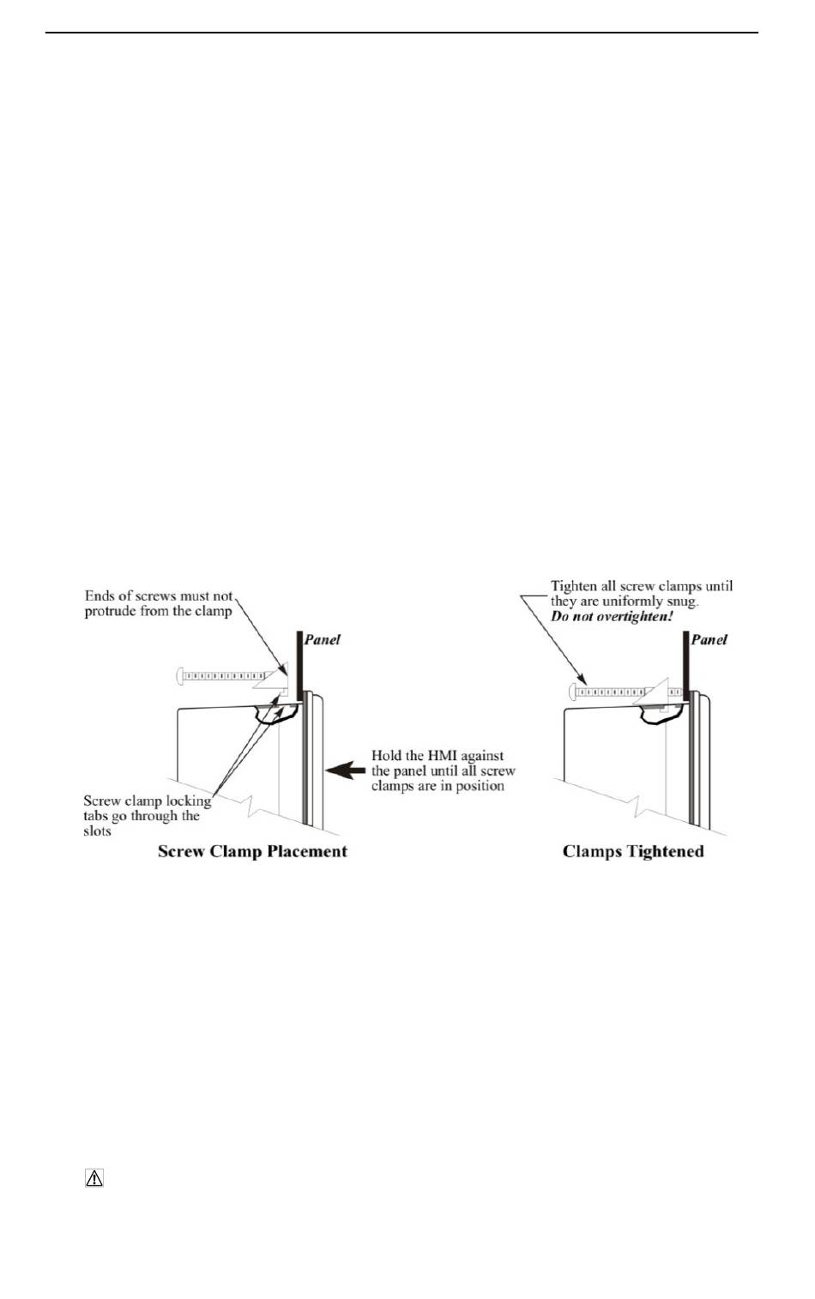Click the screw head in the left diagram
(x=180, y=676)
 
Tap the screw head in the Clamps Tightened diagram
(x=572, y=690)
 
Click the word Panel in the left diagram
(x=323, y=639)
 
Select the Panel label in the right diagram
(x=709, y=639)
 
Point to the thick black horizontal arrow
(x=345, y=770)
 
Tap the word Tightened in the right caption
(x=661, y=851)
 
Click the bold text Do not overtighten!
(x=612, y=617)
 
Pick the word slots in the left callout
(x=97, y=831)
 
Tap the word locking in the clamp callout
(x=187, y=801)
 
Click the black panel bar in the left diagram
(x=299, y=664)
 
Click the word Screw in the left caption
(x=179, y=851)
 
